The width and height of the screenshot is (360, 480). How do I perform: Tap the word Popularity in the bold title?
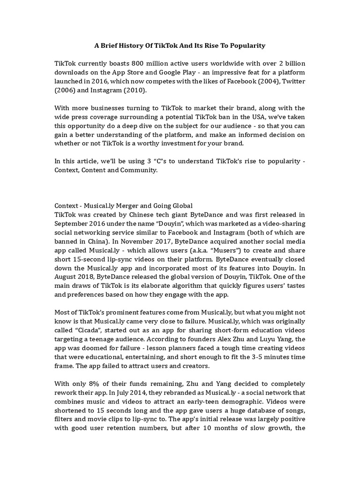(x=247, y=45)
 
